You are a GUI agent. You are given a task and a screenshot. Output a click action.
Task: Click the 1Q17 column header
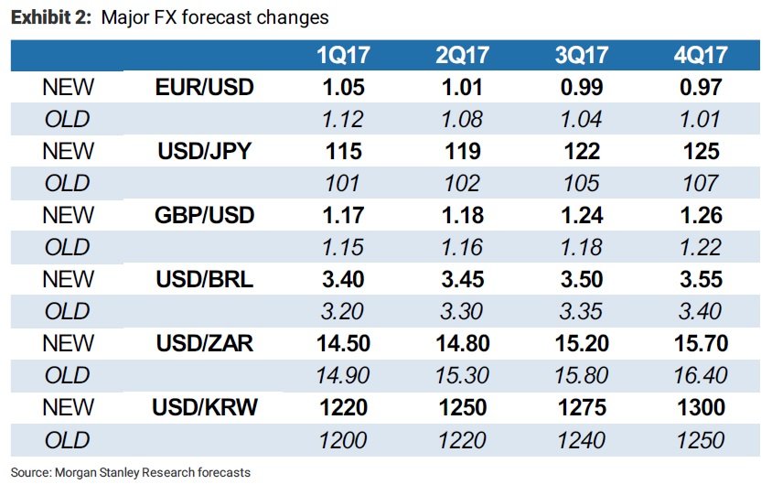click(x=343, y=55)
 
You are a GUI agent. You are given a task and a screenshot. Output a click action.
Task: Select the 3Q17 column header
click(x=582, y=55)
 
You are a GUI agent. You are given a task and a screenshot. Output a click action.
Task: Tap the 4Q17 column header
click(x=701, y=55)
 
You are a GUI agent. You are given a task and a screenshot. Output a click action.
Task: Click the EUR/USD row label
click(x=204, y=87)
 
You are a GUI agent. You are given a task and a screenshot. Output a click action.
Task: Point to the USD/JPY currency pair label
click(x=204, y=151)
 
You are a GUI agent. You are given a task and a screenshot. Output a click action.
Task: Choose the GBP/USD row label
click(x=204, y=215)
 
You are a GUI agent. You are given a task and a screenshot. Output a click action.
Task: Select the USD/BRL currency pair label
click(x=204, y=279)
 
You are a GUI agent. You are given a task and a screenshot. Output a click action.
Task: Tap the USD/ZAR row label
click(x=204, y=343)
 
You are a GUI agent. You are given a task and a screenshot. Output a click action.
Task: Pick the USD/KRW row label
click(x=204, y=407)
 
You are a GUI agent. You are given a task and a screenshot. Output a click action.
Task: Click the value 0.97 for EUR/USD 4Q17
click(x=701, y=87)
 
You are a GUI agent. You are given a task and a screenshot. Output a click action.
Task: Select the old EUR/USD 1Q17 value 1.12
click(x=343, y=119)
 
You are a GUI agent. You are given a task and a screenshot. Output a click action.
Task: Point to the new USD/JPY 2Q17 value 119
click(x=462, y=151)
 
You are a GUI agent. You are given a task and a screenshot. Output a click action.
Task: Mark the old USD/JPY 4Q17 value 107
click(x=701, y=183)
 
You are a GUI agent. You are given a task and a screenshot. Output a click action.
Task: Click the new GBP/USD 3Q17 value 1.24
click(x=582, y=215)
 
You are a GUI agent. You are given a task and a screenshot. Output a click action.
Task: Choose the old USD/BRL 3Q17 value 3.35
click(x=582, y=311)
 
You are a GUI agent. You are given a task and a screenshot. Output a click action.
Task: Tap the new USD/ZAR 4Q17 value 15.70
click(x=701, y=343)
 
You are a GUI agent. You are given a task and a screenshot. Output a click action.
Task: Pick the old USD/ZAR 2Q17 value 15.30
click(x=462, y=375)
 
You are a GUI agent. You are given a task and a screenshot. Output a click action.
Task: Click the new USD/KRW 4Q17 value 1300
click(x=701, y=407)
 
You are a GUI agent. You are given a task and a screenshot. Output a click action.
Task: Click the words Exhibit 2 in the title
click(x=50, y=17)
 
